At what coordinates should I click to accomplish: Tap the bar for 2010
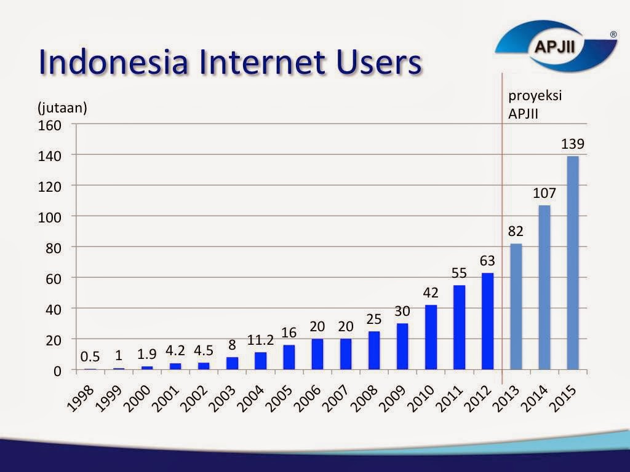coord(431,337)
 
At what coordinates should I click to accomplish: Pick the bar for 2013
coord(516,307)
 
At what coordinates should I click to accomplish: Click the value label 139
coord(572,144)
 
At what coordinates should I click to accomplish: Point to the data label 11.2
coord(260,340)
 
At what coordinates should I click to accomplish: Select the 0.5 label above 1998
coord(90,357)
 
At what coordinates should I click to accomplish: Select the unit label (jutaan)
coord(63,108)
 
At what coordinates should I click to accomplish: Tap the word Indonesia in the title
coord(113,63)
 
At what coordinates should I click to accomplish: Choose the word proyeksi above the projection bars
coord(535,96)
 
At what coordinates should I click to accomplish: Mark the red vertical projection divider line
coord(503,246)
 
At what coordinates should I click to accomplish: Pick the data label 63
coord(487,261)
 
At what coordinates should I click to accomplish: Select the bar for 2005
coord(289,357)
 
